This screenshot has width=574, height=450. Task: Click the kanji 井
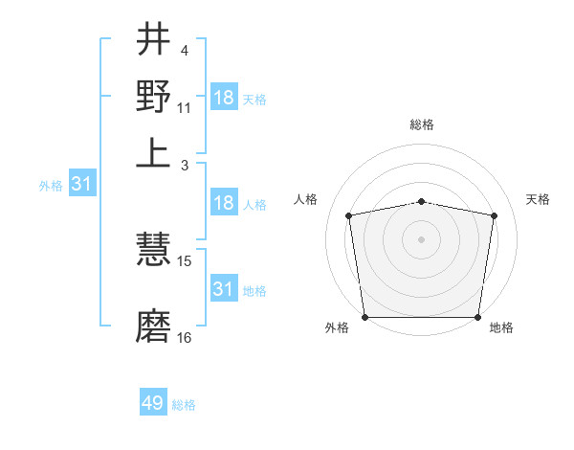[153, 41]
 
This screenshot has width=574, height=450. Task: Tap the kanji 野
[153, 97]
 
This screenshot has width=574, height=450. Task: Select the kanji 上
[153, 151]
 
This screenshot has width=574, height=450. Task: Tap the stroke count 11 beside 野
[185, 108]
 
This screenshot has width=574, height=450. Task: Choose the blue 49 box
[153, 403]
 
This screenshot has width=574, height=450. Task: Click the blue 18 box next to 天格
[224, 98]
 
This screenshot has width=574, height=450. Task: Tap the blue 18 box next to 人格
[224, 203]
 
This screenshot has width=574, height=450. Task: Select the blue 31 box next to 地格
[224, 289]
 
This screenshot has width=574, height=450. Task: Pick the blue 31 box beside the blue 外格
[80, 184]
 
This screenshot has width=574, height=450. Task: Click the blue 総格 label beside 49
[185, 405]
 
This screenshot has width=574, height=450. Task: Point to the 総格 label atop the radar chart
[422, 124]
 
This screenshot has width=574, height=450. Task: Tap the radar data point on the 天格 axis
[494, 215]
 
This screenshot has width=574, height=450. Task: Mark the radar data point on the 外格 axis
[364, 317]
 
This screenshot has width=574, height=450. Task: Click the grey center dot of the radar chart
[422, 238]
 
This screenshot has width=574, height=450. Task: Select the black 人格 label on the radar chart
[306, 199]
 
